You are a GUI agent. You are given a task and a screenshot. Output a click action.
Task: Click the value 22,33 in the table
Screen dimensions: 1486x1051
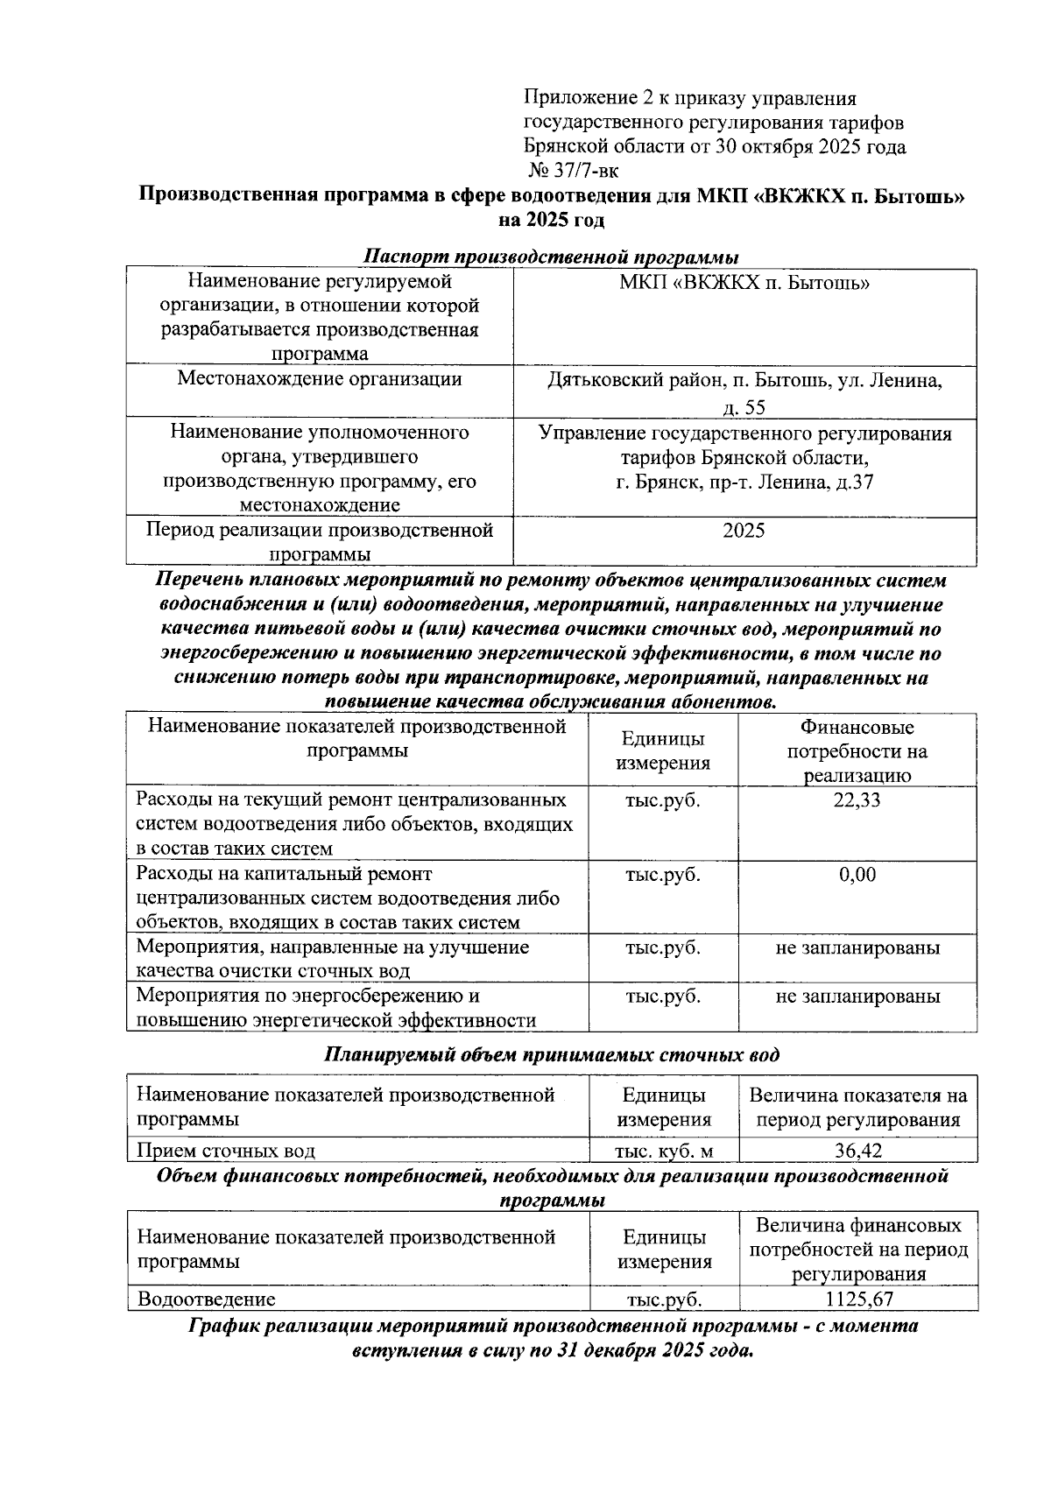point(857,799)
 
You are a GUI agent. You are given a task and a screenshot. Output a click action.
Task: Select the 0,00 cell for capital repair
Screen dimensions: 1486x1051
point(857,874)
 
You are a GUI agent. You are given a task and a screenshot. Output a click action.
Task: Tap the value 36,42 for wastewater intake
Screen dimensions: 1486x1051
point(857,1150)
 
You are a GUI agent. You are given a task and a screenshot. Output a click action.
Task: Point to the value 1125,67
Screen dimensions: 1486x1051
point(858,1299)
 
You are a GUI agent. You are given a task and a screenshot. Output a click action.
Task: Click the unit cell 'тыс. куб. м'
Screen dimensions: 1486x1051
point(664,1150)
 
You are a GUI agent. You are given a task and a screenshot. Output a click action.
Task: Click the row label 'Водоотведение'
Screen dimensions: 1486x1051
point(206,1299)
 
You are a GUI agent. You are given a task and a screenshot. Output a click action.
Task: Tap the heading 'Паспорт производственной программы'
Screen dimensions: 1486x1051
point(551,257)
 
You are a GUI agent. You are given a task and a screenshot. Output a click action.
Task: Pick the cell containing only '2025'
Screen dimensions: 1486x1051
point(744,531)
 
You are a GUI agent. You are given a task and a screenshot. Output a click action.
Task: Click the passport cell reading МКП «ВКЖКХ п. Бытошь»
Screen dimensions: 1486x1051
point(744,283)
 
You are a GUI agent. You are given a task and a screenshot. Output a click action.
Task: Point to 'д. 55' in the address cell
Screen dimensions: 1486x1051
point(744,406)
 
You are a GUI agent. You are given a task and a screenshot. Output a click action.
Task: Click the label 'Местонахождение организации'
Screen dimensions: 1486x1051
point(319,379)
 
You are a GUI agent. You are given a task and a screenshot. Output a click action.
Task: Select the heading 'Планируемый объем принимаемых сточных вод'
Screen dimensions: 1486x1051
point(551,1054)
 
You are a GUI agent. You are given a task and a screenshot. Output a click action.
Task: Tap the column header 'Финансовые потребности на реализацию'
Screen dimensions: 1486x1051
point(857,751)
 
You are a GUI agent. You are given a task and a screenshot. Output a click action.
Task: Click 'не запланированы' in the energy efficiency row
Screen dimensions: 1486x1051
point(857,997)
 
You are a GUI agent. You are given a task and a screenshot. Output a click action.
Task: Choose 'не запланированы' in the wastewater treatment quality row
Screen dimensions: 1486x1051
point(857,947)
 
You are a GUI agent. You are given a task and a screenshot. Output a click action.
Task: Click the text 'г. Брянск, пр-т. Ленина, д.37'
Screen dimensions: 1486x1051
point(744,482)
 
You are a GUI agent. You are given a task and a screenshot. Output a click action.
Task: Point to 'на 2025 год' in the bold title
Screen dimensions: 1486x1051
point(551,221)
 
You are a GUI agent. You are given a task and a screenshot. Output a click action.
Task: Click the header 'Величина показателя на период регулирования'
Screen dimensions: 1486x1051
point(857,1107)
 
